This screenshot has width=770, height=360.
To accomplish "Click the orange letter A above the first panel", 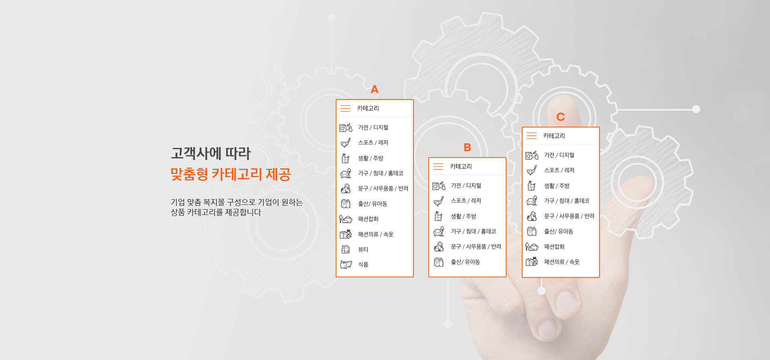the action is tap(375, 89).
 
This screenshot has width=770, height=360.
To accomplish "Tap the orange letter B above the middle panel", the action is tap(467, 148).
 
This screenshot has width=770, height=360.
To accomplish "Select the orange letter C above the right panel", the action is tap(561, 117).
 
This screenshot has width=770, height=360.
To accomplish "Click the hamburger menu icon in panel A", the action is tap(345, 108).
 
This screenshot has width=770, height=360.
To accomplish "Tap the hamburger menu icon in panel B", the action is tap(438, 166).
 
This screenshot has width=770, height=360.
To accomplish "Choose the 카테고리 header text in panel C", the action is tap(554, 136).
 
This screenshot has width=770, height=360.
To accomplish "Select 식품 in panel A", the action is tap(363, 265).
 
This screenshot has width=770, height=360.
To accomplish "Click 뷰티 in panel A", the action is tap(363, 249).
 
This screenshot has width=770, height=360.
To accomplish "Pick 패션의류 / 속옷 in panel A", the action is tap(376, 234).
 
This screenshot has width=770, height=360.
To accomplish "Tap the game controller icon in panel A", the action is tap(346, 127).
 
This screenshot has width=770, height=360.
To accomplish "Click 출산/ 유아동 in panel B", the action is tap(466, 262).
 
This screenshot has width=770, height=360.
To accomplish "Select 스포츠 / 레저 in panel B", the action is tap(466, 201).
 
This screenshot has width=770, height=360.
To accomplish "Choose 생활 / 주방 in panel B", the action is tap(464, 216).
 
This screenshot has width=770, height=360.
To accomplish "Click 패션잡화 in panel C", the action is tap(555, 247).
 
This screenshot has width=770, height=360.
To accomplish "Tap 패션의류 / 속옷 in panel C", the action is tap(562, 262).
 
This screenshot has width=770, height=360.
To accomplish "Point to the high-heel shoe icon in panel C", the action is tap(532, 247).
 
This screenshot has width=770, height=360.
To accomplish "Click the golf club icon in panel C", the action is tap(532, 170).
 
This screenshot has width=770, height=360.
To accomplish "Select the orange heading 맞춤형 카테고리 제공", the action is tap(231, 174).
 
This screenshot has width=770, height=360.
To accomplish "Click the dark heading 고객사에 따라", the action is tap(211, 153).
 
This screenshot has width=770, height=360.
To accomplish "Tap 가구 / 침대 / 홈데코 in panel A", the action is tap(381, 173).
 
